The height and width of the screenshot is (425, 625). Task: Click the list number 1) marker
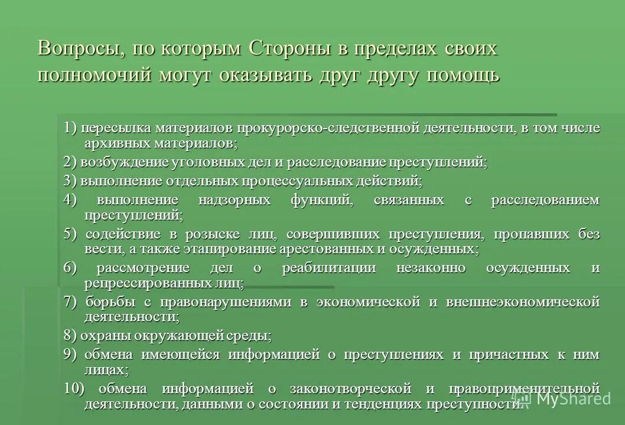click(71, 128)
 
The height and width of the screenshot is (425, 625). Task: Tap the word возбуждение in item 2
click(115, 162)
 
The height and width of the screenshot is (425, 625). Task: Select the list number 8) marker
click(70, 336)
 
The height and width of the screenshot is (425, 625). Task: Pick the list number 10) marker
click(73, 388)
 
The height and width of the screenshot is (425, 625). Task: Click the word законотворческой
click(350, 388)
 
